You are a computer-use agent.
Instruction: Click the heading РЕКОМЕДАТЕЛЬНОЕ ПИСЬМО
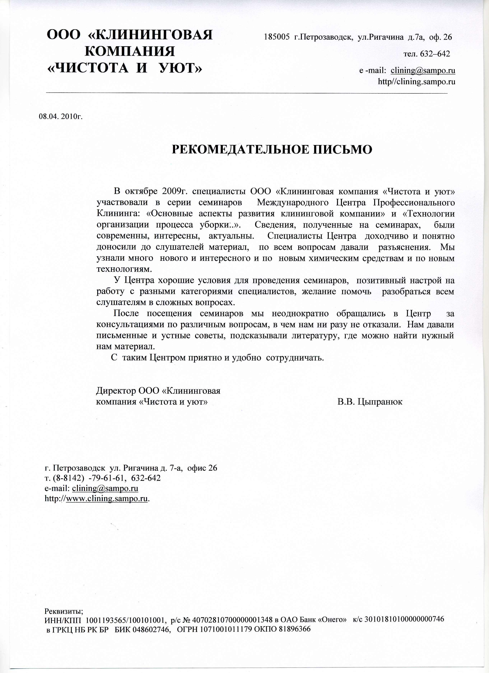tap(272, 150)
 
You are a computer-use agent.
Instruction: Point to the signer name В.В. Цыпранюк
tap(370, 402)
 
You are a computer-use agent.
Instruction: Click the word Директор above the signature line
tap(116, 391)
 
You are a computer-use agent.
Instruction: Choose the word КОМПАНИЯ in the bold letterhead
tap(130, 51)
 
